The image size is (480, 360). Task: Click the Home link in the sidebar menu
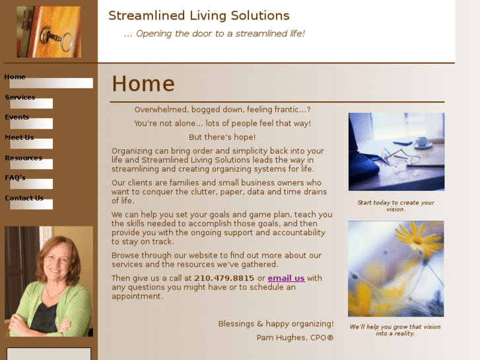15,77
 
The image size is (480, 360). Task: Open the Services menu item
20,98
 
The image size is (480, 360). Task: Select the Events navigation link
17,118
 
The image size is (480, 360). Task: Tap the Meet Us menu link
19,138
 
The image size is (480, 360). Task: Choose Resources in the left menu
23,159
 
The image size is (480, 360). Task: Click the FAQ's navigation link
15,178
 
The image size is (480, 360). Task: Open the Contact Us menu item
24,199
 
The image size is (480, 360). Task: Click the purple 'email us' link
286,279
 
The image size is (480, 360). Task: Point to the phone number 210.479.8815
224,279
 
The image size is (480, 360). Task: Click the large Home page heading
143,85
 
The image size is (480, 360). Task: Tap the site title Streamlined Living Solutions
199,16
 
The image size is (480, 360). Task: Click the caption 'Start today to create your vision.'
395,206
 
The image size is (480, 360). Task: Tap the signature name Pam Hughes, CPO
295,338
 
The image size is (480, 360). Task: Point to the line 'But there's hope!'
222,137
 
